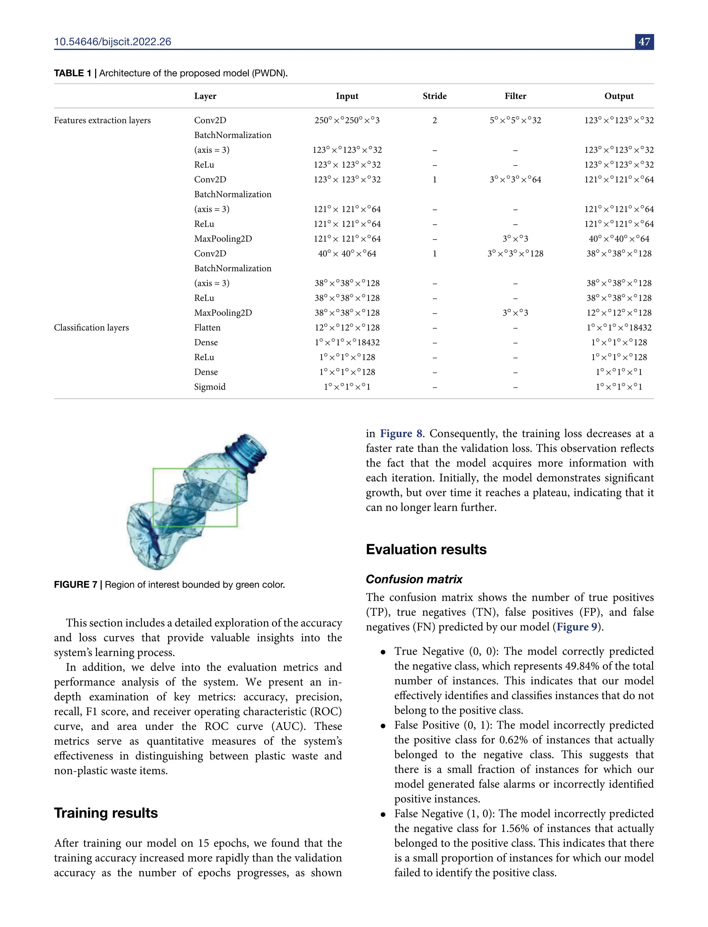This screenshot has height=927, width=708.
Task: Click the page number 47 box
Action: click(644, 42)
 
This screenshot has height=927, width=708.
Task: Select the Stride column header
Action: click(435, 96)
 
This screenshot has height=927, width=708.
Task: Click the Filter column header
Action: click(515, 96)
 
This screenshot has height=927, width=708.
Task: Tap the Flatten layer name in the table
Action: click(207, 327)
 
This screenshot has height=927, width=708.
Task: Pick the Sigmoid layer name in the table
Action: click(209, 387)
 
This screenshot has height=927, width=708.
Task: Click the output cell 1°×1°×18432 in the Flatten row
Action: click(619, 327)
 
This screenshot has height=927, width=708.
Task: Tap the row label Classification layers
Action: click(92, 327)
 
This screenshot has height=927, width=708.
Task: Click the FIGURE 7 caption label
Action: click(75, 584)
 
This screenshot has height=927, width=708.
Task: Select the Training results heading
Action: click(106, 813)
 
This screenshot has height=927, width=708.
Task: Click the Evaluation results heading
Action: click(426, 550)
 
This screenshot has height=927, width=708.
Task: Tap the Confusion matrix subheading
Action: click(414, 579)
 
